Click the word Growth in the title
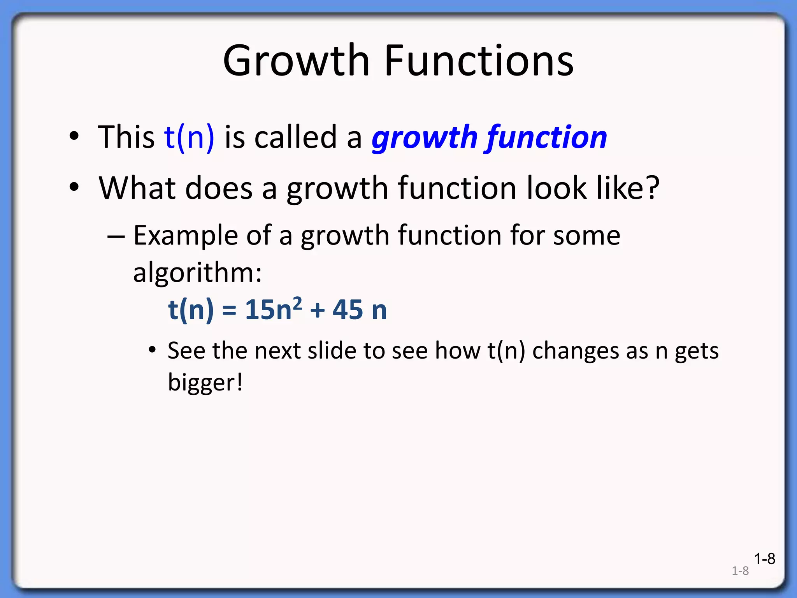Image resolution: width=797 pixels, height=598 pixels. tap(296, 62)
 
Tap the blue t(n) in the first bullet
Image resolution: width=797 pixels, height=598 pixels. tap(189, 137)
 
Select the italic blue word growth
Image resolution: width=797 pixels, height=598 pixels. tap(424, 138)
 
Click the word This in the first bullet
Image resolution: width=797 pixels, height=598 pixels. tap(126, 137)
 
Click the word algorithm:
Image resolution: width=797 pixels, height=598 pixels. tap(197, 273)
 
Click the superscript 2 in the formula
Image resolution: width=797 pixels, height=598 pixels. tap(297, 303)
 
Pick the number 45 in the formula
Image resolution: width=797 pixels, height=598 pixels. tap(348, 310)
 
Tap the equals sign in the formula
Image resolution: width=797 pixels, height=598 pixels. tap(229, 311)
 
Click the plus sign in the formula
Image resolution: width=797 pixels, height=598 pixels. tap(317, 311)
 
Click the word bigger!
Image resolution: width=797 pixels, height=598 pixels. tap(205, 383)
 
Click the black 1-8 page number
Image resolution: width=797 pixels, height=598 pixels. tap(764, 559)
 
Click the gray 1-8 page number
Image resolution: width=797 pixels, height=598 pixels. tap(740, 571)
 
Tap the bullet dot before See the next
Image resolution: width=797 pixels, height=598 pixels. tap(153, 350)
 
